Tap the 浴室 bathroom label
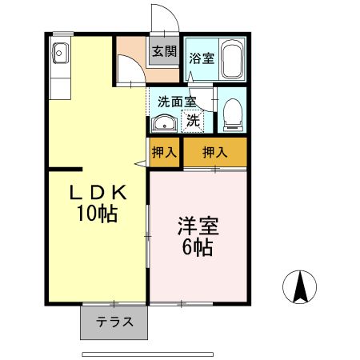coord(200,58)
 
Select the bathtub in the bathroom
coord(231,59)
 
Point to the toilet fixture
coord(232,115)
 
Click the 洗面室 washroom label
coord(176,102)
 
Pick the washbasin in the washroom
coord(164,123)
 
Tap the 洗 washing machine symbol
coord(193,122)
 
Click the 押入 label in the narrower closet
coord(165,152)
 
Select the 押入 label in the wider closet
coord(214,152)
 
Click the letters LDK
coord(98,193)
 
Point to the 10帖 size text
coord(98,214)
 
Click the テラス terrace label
coord(114,323)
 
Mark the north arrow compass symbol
coord(301,286)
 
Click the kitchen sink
coord(61,54)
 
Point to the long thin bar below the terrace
coord(148,353)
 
